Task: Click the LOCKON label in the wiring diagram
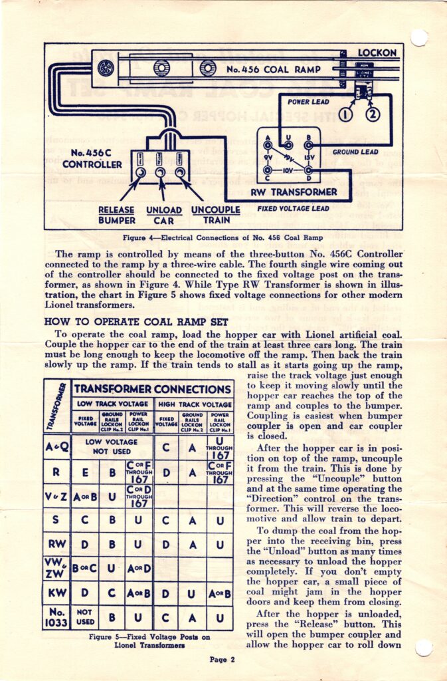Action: pos(377,52)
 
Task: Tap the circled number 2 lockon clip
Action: pos(372,114)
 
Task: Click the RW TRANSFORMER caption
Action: pos(294,192)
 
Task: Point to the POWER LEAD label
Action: pos(309,102)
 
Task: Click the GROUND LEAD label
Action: pos(355,152)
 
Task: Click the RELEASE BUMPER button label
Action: pos(116,215)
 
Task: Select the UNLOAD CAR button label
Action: pos(163,215)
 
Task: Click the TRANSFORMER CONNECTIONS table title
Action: pos(152,389)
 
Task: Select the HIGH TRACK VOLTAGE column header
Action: pos(194,404)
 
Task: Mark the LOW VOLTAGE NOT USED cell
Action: pos(112,446)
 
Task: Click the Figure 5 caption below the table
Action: pos(150,640)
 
